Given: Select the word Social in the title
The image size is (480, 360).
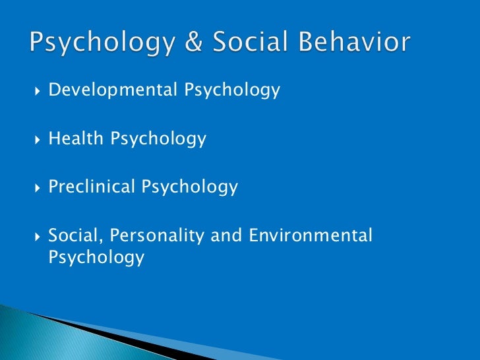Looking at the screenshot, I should (x=240, y=44).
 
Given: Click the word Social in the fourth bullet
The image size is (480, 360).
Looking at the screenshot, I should (x=74, y=235).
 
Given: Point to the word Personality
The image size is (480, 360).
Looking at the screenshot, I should (x=153, y=236).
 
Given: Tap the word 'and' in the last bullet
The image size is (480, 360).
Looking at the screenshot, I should (x=227, y=235).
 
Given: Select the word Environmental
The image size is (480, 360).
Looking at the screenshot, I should (x=310, y=235).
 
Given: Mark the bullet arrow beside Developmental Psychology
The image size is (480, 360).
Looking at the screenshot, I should (x=36, y=90).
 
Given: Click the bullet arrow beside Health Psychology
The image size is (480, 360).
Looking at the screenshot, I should (x=36, y=139).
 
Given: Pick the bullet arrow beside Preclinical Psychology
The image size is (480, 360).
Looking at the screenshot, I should (x=36, y=188).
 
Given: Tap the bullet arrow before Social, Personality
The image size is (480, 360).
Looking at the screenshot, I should (x=36, y=235).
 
